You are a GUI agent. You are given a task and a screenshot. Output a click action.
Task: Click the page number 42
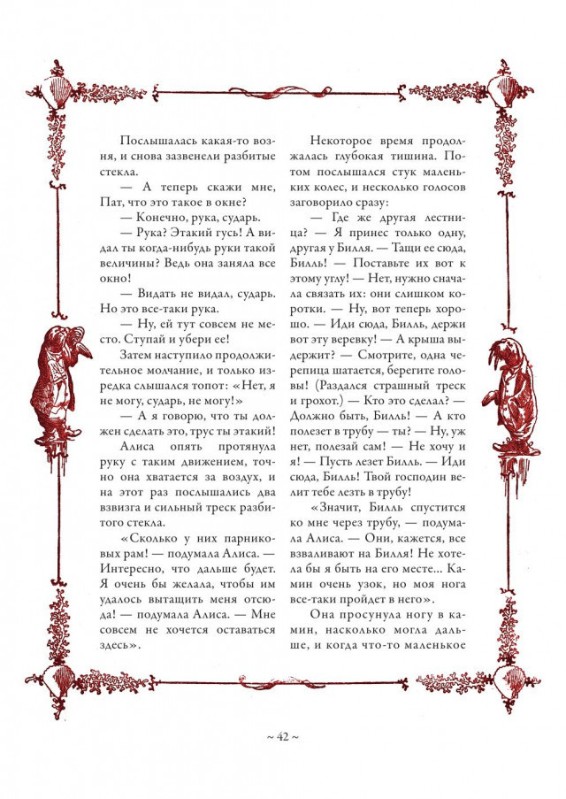[x=283, y=736]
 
